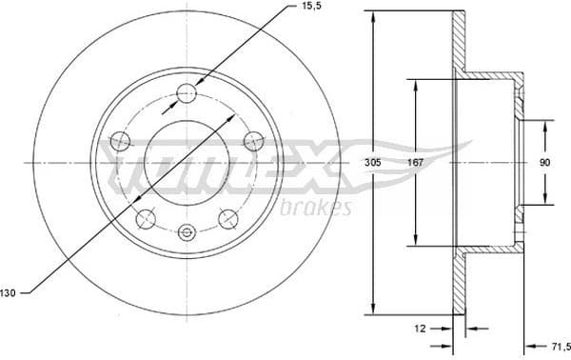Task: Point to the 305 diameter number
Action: pos(373,163)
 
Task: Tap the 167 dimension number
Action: pos(415,163)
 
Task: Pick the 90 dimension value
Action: pos(543,163)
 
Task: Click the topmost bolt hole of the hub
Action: pos(187,92)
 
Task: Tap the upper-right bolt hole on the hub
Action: pos(252,140)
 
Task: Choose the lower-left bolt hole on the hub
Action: pos(146,220)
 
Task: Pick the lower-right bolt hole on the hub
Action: pos(227,220)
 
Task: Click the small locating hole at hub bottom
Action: pos(187,231)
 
